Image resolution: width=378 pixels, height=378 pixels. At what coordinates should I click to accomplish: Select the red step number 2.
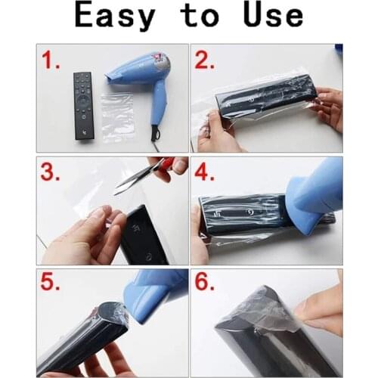(x=205, y=60)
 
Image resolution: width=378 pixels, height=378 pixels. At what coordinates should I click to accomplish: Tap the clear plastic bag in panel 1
(x=118, y=117)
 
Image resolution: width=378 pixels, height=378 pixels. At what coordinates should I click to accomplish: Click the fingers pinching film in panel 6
(x=318, y=310)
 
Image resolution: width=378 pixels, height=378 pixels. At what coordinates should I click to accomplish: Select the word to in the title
(x=200, y=17)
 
